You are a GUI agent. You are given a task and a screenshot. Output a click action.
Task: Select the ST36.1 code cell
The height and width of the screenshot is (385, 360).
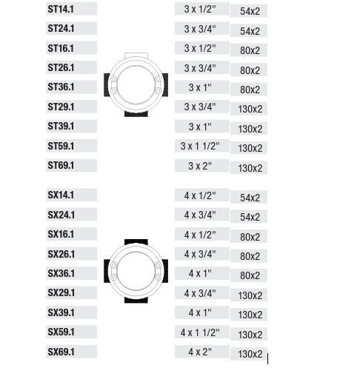pos(71,87)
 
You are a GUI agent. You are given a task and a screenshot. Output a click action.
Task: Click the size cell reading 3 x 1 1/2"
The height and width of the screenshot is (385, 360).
pos(202,146)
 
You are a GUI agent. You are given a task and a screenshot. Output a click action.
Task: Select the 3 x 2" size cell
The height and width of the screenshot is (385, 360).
pos(202,166)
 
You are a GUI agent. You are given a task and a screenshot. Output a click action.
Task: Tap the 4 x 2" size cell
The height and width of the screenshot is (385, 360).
pos(202,352)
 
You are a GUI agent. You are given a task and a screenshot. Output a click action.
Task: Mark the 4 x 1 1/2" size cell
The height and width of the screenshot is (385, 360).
pos(202,332)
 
